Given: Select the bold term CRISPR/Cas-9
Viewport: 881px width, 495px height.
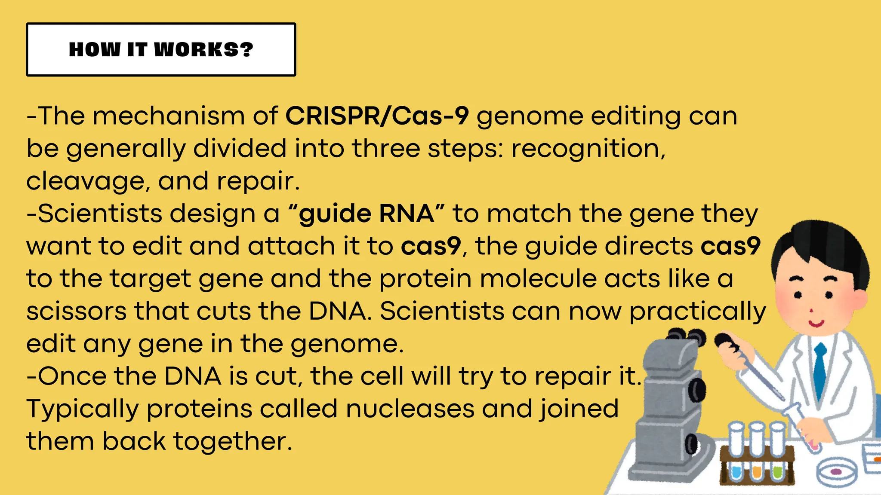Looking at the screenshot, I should [377, 116].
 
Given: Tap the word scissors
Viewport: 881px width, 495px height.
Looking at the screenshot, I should [76, 311].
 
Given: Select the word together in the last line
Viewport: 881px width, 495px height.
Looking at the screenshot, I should [232, 441].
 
